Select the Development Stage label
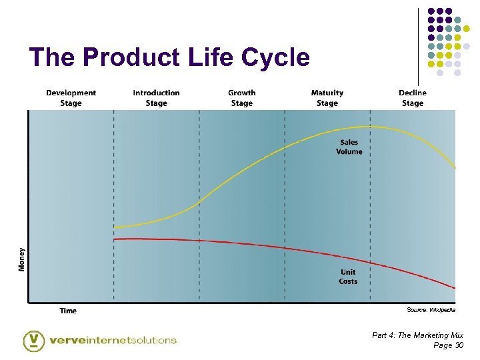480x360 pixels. click(x=71, y=98)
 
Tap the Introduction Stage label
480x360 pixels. click(x=156, y=98)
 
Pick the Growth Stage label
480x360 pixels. click(x=241, y=98)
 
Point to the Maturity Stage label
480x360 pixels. click(x=327, y=98)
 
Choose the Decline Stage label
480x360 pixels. click(x=412, y=98)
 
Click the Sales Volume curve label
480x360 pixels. click(x=349, y=147)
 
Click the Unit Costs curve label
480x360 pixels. click(x=348, y=277)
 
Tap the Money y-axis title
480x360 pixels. click(x=22, y=259)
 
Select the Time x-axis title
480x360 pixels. click(x=68, y=311)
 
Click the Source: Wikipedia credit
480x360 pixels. click(x=431, y=310)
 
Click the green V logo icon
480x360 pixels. click(x=33, y=340)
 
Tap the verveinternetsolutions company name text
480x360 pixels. click(x=113, y=340)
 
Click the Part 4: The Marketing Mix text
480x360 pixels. click(x=417, y=335)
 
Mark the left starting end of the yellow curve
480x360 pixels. click(x=115, y=227)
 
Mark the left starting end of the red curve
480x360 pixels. click(x=115, y=239)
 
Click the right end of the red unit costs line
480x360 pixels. click(x=455, y=288)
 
